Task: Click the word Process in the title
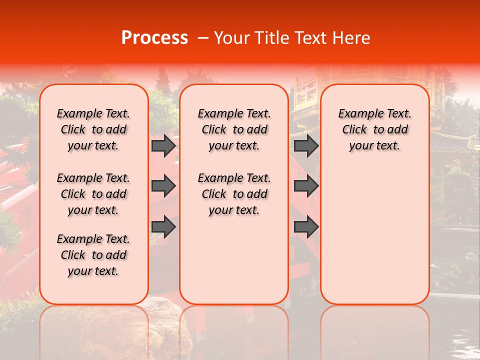click(154, 38)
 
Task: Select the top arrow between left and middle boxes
click(163, 146)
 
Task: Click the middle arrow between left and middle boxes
click(163, 186)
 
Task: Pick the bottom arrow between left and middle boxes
click(163, 226)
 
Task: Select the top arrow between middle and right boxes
click(306, 146)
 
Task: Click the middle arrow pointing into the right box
click(306, 186)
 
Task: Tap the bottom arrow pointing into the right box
click(306, 226)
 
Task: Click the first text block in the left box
click(93, 129)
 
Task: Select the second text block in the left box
click(93, 194)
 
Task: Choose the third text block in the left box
click(93, 255)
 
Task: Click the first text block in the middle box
click(234, 129)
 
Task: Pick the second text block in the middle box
click(234, 194)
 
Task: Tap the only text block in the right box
click(374, 129)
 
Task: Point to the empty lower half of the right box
click(374, 235)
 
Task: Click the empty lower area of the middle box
click(234, 260)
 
